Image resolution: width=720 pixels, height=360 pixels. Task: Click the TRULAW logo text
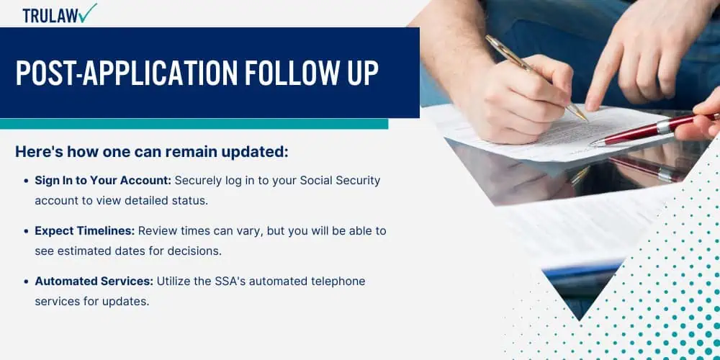click(50, 16)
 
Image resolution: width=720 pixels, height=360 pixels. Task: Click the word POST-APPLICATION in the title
click(126, 73)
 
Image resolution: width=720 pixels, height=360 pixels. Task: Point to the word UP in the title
click(363, 73)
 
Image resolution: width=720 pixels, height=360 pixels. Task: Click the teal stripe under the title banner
click(194, 124)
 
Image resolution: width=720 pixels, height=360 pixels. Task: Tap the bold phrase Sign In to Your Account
click(103, 181)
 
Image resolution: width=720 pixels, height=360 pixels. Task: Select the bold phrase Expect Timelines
click(85, 231)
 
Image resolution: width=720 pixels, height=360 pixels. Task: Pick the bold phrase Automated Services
click(94, 281)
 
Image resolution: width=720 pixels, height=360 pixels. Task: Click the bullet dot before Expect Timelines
click(26, 231)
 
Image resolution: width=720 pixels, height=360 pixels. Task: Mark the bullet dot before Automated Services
click(26, 282)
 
